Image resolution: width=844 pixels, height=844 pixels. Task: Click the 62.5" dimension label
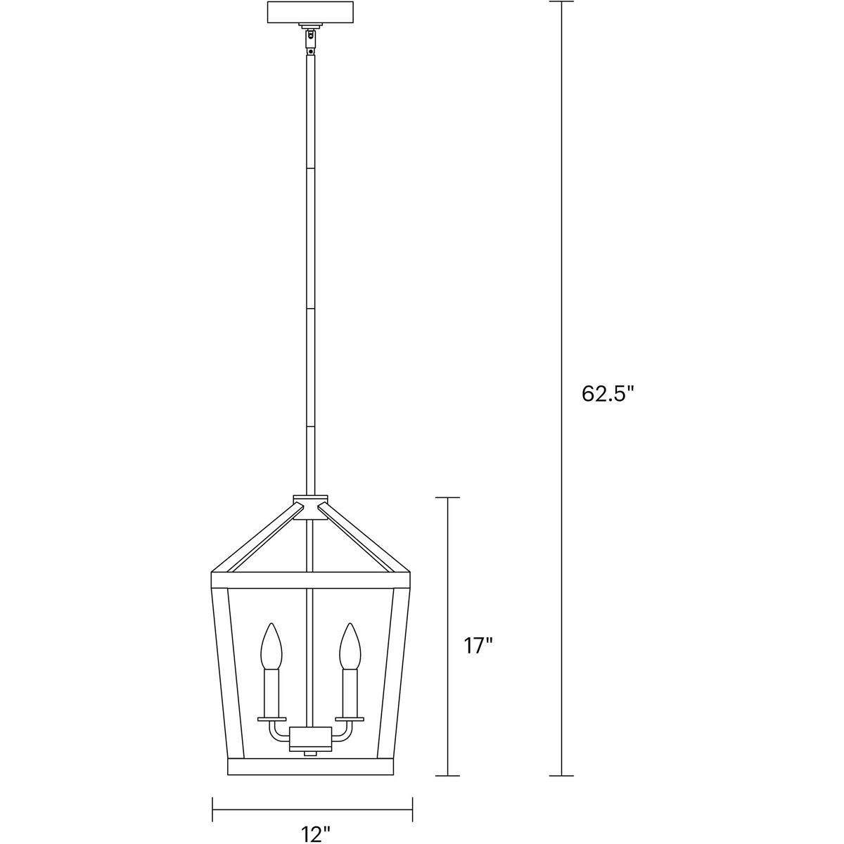(x=608, y=394)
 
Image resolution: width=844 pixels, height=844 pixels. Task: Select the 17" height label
(x=478, y=646)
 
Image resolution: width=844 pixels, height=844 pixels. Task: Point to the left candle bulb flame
(x=271, y=646)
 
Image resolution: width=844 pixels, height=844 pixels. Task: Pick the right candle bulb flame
(x=350, y=646)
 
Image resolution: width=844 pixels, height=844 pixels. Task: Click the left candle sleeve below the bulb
(x=271, y=692)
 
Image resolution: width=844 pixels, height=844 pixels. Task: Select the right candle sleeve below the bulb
(x=350, y=692)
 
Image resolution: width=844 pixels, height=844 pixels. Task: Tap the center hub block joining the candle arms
(x=310, y=738)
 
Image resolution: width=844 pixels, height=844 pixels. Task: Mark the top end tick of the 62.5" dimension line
(x=561, y=2)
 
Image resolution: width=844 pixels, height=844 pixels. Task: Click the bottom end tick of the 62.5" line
(x=561, y=776)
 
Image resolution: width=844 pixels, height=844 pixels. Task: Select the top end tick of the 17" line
(x=448, y=498)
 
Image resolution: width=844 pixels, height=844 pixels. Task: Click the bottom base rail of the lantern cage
(x=311, y=767)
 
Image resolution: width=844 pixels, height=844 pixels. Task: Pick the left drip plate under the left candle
(x=271, y=718)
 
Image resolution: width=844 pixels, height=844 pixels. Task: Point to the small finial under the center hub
(x=310, y=753)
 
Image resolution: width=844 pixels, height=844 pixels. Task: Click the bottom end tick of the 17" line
(x=448, y=776)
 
